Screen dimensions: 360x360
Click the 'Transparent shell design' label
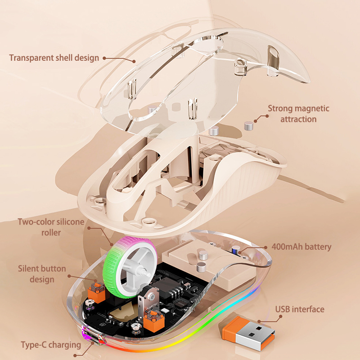pos(54,58)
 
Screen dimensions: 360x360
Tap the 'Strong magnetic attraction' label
pos(298,114)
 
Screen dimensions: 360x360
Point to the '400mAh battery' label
pos(301,247)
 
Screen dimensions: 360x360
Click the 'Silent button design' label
pos(42,274)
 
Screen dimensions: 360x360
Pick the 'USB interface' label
pos(300,309)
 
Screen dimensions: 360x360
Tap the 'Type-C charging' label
pos(51,345)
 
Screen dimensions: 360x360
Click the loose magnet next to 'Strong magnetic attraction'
pos(248,126)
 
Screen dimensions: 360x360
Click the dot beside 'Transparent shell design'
pos(104,58)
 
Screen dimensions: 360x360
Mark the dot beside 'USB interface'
pos(270,310)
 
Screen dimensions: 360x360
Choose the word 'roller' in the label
pos(51,233)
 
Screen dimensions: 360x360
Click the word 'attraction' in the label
pos(298,119)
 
